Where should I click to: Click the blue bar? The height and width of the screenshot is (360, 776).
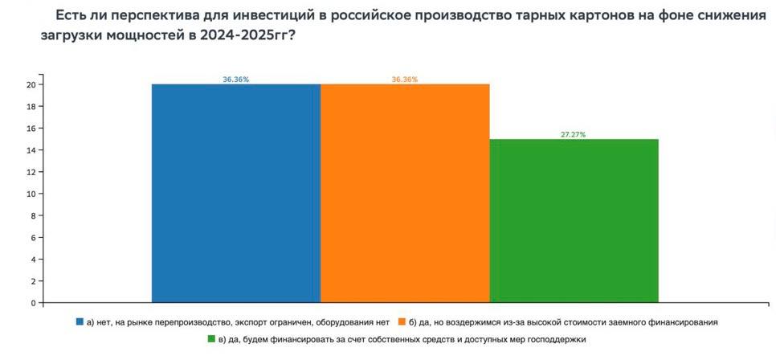pos(235,193)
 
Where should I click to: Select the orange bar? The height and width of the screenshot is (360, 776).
pos(405,193)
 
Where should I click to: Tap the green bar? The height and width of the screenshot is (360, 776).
pos(574,221)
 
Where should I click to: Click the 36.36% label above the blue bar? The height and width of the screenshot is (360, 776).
pos(236,80)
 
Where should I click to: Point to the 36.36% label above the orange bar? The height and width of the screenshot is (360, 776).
pos(405,80)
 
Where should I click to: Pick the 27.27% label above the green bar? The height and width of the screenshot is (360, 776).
pos(574,134)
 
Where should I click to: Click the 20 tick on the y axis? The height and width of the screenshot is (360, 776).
pos(31,84)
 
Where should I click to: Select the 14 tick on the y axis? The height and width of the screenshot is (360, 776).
pos(31,150)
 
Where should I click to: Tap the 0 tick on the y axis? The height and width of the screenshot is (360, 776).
pos(33,304)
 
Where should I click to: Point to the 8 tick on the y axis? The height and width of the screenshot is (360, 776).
pos(33,216)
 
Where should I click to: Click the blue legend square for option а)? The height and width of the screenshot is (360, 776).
pos(80,321)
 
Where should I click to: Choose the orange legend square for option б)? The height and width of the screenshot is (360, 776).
pos(402,321)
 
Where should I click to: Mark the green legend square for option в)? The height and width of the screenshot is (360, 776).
pos(211,339)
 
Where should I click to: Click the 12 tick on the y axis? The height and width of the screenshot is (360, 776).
pos(31,172)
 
